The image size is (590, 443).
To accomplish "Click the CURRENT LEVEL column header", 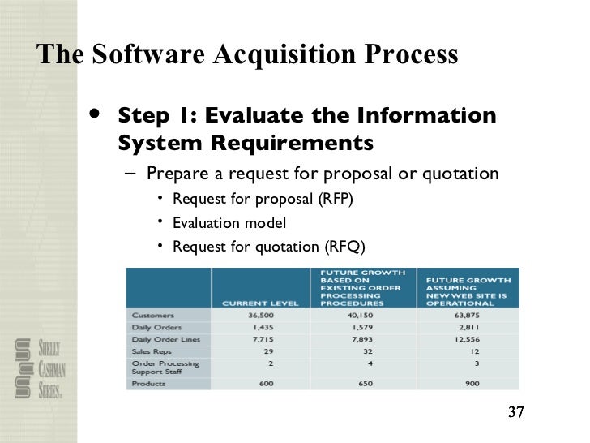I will pyautogui.click(x=260, y=303).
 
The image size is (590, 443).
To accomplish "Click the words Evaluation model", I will pyautogui.click(x=229, y=222).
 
